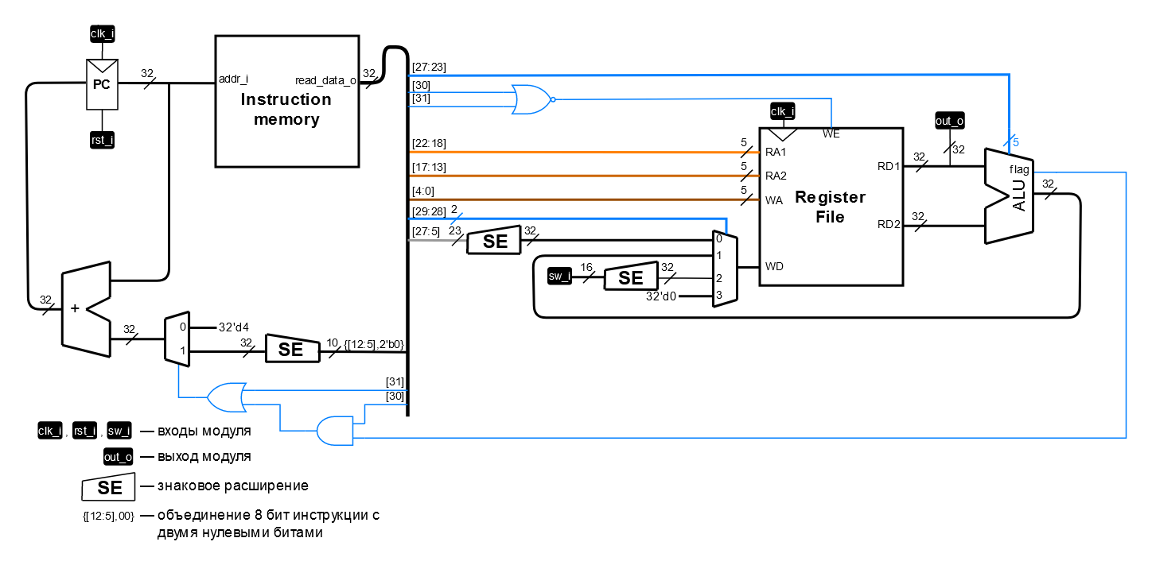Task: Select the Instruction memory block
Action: point(286,101)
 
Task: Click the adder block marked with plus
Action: point(85,308)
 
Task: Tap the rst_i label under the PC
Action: point(102,141)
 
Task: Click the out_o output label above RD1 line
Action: point(948,121)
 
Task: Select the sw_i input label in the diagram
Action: point(559,277)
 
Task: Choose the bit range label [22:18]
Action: point(429,143)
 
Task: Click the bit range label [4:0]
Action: point(423,191)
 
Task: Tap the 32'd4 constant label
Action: point(234,327)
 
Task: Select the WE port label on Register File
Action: point(831,134)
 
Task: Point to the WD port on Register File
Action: point(774,266)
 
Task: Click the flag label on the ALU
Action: point(1019,169)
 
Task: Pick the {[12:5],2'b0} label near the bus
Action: point(374,344)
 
